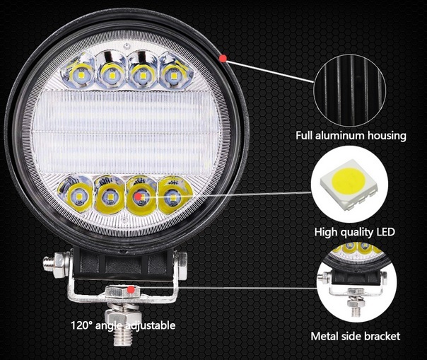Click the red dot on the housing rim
coord(223,58)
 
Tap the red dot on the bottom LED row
coord(139,196)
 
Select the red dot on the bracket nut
coord(131,289)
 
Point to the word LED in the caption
coord(385,232)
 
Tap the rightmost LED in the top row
coord(173,74)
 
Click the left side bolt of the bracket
coord(55,265)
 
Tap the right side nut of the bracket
coord(181,266)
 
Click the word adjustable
coord(151,325)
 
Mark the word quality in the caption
coord(353,233)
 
